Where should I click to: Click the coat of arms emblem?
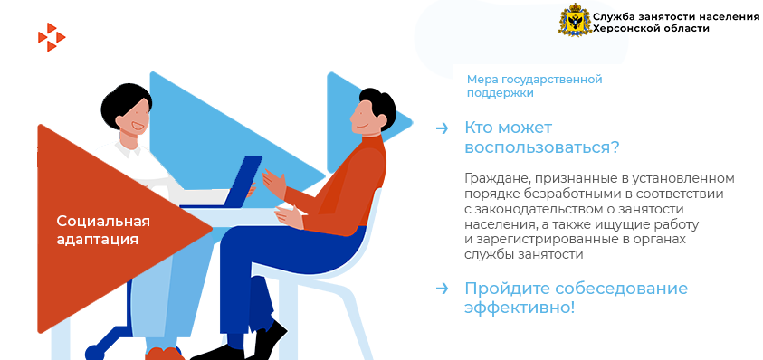point(574,20)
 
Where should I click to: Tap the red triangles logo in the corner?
point(51,37)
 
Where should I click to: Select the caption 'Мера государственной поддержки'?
point(534,86)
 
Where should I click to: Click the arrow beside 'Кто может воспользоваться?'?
point(442,128)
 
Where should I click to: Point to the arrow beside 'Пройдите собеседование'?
point(442,289)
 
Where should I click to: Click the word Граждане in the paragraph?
point(489,179)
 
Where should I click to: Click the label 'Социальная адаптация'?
point(103,231)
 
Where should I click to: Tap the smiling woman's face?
point(132,118)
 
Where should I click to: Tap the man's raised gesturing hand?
point(274,184)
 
